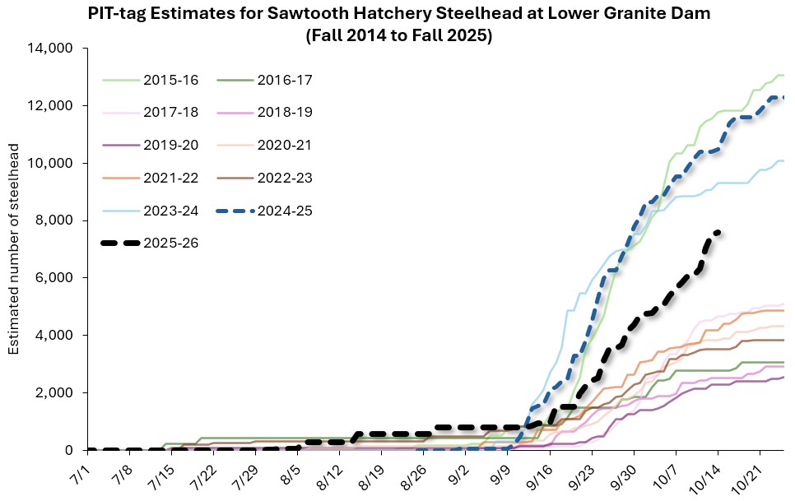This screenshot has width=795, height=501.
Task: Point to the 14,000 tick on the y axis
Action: click(x=55, y=49)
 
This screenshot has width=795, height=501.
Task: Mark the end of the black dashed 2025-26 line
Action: click(x=718, y=232)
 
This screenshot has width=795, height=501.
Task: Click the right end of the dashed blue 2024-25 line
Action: click(x=783, y=97)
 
